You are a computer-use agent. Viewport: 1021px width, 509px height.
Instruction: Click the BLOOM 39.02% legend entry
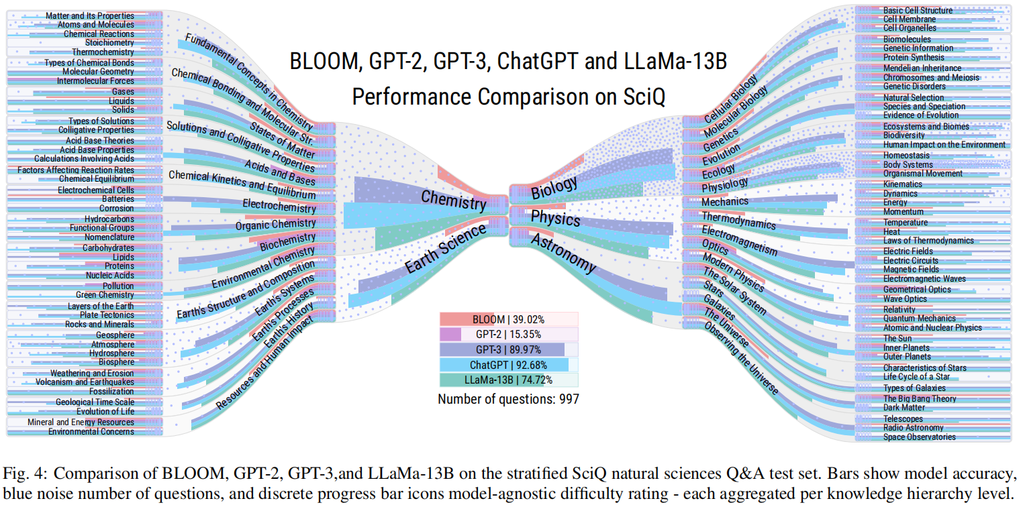pyautogui.click(x=507, y=319)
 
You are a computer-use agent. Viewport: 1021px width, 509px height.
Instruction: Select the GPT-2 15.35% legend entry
pyautogui.click(x=507, y=334)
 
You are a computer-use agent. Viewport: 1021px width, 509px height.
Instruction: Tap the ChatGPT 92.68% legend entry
pyautogui.click(x=507, y=365)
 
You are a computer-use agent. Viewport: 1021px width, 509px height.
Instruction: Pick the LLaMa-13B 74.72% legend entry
pyautogui.click(x=507, y=380)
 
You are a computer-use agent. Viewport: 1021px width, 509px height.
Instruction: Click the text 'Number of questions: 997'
pyautogui.click(x=508, y=398)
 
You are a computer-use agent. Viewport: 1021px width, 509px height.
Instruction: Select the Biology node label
pyautogui.click(x=554, y=188)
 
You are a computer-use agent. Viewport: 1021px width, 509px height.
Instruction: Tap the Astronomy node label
pyautogui.click(x=563, y=253)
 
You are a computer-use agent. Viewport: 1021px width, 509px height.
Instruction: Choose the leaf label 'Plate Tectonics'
pyautogui.click(x=107, y=315)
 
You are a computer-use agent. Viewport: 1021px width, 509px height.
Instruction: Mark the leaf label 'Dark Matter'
pyautogui.click(x=904, y=407)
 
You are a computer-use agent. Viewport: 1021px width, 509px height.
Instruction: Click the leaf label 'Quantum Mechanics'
pyautogui.click(x=919, y=319)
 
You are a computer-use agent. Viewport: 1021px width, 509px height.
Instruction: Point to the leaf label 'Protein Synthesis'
pyautogui.click(x=913, y=57)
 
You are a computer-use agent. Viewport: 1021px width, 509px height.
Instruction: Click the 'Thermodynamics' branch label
pyautogui.click(x=738, y=220)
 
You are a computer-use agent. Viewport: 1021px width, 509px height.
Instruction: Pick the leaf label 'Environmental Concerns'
pyautogui.click(x=91, y=431)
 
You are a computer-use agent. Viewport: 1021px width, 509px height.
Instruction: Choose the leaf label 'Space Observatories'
pyautogui.click(x=919, y=437)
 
